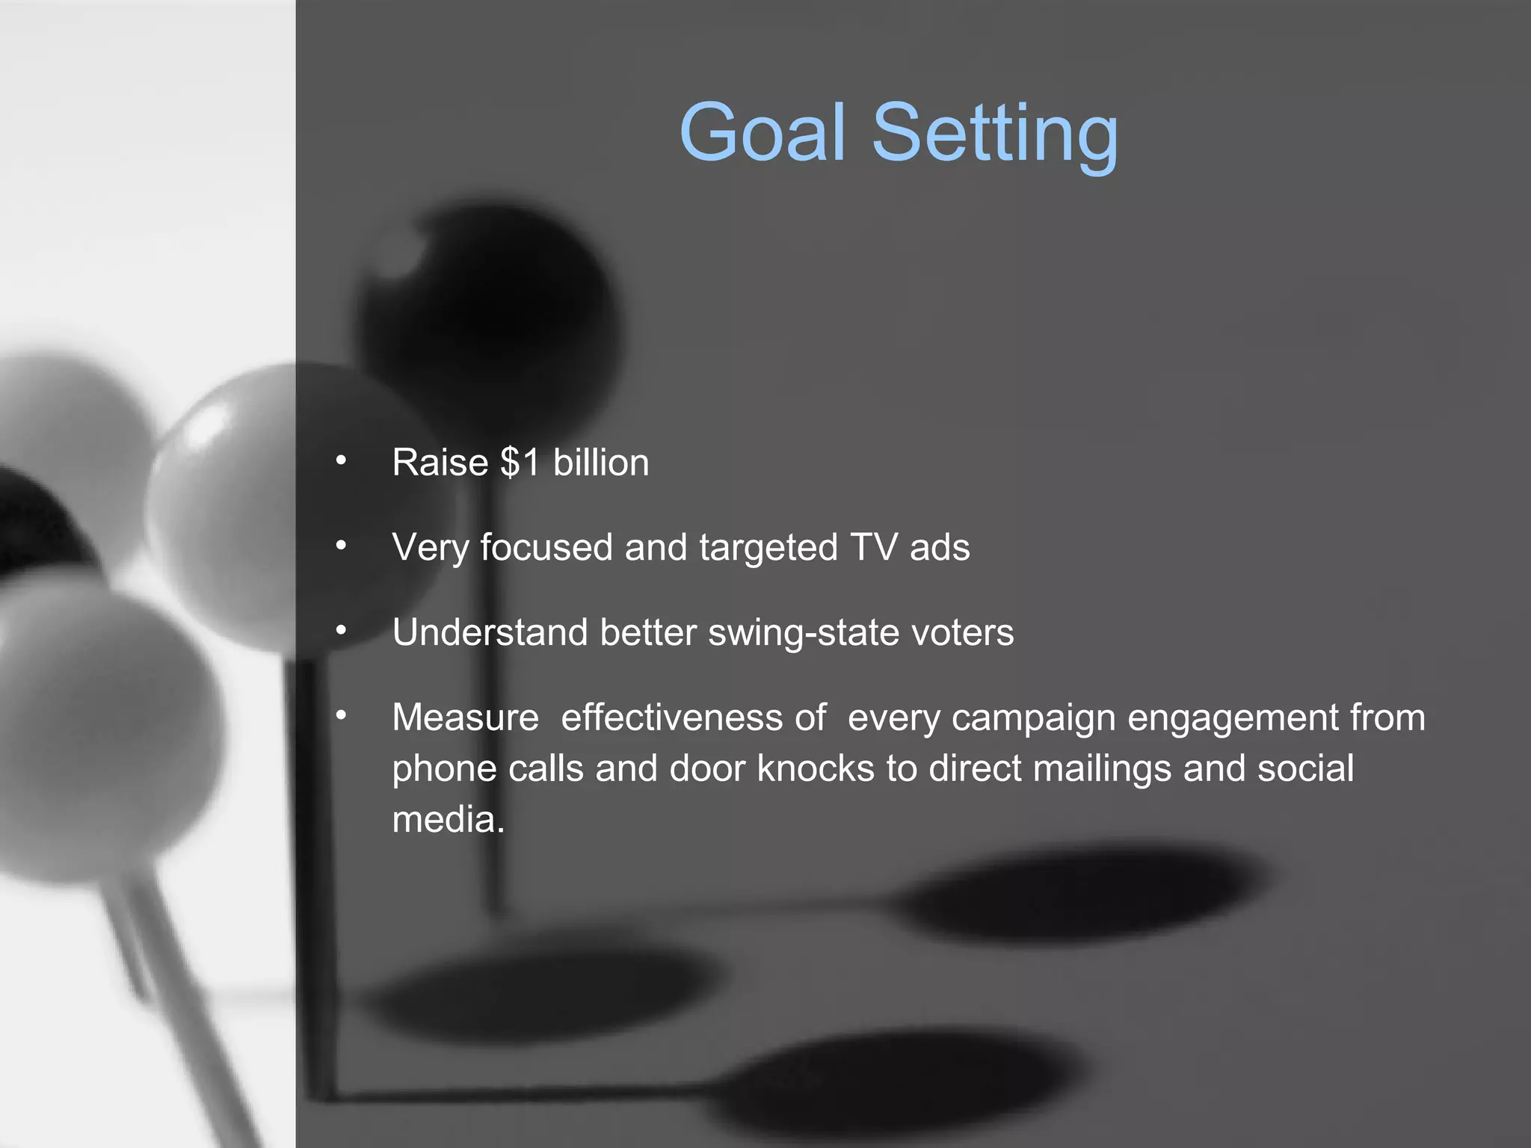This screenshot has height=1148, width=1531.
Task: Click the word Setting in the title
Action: pyautogui.click(x=995, y=135)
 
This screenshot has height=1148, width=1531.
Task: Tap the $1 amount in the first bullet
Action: pyautogui.click(x=520, y=463)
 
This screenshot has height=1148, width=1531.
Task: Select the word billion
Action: pyautogui.click(x=601, y=463)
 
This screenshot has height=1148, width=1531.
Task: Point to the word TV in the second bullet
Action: pyautogui.click(x=873, y=547)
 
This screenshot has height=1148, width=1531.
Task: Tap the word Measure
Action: pyautogui.click(x=465, y=717)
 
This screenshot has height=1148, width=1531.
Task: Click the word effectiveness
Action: pyautogui.click(x=671, y=717)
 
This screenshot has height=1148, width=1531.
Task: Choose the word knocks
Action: pyautogui.click(x=816, y=768)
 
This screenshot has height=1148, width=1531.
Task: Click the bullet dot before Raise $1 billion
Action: pyautogui.click(x=341, y=460)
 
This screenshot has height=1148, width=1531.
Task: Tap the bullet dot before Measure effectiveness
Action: pyautogui.click(x=341, y=716)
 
